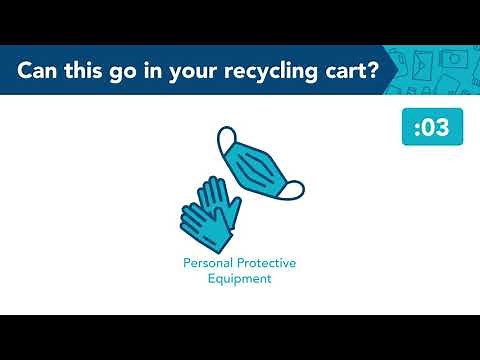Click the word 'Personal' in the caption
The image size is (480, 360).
pos(206,263)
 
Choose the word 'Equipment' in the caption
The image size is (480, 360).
pos(239,279)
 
